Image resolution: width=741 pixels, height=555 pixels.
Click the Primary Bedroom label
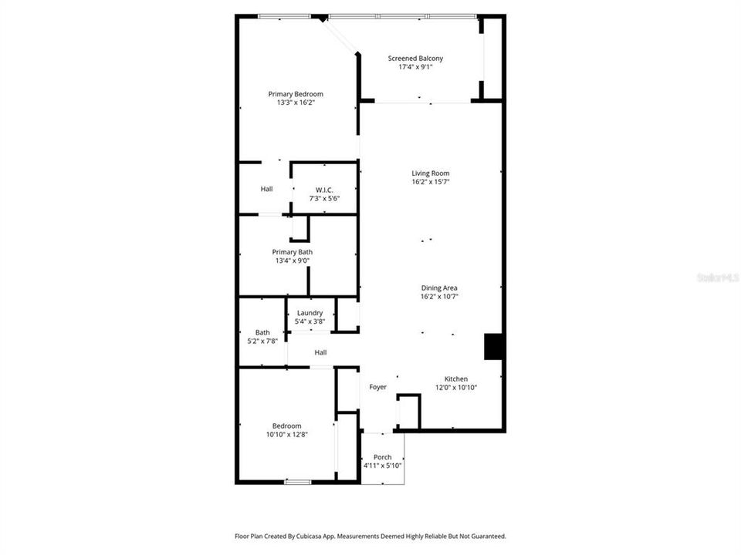(296, 94)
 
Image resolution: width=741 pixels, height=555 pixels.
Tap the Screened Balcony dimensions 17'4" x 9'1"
(421, 68)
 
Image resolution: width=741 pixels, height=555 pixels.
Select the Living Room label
(430, 173)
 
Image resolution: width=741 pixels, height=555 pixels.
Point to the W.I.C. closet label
(324, 190)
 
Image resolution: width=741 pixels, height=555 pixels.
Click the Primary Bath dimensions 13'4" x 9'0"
(293, 261)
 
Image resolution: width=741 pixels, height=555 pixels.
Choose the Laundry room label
(310, 313)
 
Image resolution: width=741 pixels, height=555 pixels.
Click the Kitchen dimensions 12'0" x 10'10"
(455, 388)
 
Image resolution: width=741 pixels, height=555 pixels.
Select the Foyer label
(377, 387)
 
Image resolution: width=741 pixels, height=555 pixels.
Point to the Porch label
(382, 457)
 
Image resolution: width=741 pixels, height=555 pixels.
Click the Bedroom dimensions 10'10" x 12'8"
(286, 435)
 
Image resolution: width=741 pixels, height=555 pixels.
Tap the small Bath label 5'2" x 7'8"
(262, 333)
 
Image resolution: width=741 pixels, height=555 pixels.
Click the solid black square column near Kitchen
(493, 347)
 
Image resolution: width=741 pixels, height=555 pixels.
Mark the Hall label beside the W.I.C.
(266, 189)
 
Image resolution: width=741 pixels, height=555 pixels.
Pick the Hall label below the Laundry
(320, 353)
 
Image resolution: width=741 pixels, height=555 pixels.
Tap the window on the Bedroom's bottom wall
(298, 482)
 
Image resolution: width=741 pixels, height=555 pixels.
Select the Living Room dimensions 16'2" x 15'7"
(430, 182)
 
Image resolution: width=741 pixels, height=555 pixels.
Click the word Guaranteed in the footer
(486, 536)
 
